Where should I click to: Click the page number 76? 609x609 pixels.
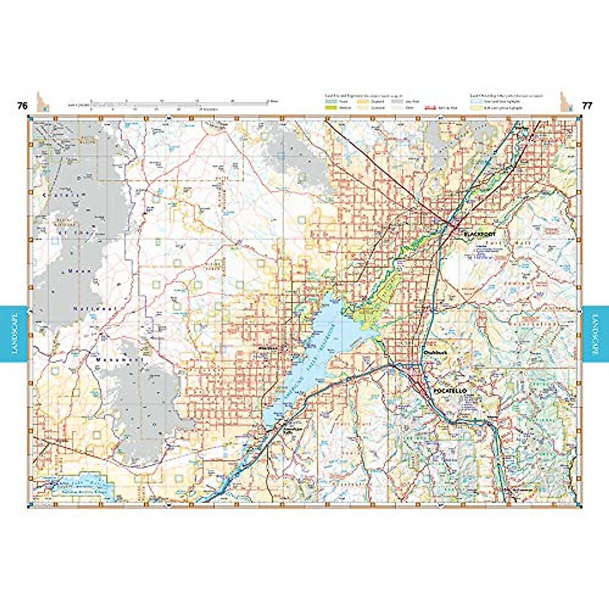point(22,106)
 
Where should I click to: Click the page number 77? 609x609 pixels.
point(587,106)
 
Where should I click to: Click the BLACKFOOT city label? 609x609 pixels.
point(480,234)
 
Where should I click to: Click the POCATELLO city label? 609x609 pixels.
point(450,391)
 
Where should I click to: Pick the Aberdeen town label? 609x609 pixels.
point(265,348)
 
